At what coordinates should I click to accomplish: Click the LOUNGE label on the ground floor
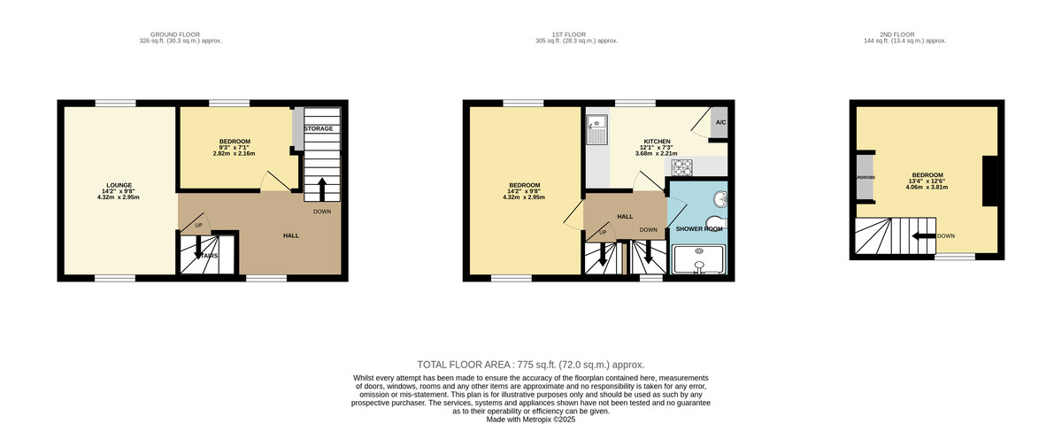(119, 185)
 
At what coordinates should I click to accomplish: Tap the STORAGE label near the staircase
(319, 129)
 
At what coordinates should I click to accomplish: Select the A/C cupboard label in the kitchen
(720, 123)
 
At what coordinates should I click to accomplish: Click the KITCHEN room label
(657, 142)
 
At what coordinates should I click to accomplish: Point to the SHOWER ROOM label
(699, 228)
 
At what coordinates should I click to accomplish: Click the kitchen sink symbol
(597, 132)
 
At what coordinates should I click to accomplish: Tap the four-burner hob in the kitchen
(683, 166)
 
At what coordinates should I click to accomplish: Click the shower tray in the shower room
(699, 260)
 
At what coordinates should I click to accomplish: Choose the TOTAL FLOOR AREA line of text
(530, 365)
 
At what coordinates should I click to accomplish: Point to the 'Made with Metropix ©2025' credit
(531, 420)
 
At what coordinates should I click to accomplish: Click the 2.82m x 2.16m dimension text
(234, 153)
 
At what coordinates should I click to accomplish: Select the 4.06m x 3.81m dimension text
(927, 187)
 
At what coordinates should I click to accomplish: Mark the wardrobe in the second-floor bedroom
(863, 177)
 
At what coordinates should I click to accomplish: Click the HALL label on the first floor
(625, 216)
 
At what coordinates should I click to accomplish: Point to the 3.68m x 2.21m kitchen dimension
(657, 153)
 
